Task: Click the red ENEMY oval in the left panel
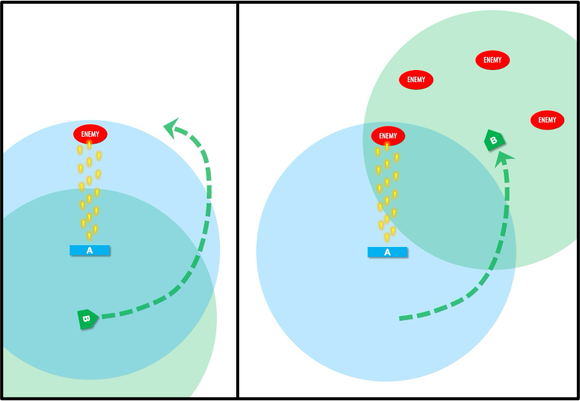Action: pyautogui.click(x=90, y=134)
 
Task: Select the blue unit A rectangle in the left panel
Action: pyautogui.click(x=89, y=250)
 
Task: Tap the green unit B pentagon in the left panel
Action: pyautogui.click(x=87, y=319)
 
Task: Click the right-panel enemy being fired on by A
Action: pyautogui.click(x=388, y=136)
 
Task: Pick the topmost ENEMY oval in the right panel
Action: pyautogui.click(x=492, y=60)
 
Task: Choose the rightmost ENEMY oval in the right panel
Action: pyautogui.click(x=547, y=120)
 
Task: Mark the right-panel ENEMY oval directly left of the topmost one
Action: pyautogui.click(x=416, y=79)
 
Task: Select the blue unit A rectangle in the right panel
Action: pyautogui.click(x=387, y=252)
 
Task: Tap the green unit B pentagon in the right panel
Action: pyautogui.click(x=494, y=141)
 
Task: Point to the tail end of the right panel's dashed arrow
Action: pyautogui.click(x=401, y=318)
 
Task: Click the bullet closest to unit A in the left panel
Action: pyautogui.click(x=89, y=236)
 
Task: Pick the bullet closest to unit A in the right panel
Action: pyautogui.click(x=387, y=238)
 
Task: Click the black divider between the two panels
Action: pyautogui.click(x=237, y=199)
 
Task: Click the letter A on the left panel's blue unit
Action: pyautogui.click(x=89, y=250)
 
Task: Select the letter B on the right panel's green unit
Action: pyautogui.click(x=494, y=141)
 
